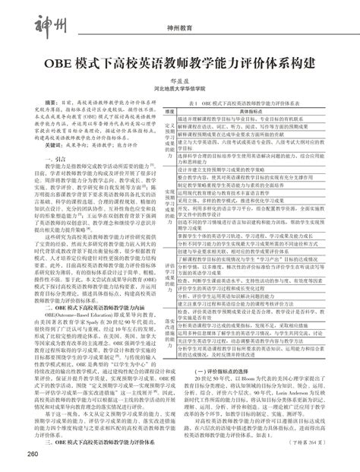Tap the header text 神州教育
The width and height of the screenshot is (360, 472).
(179, 29)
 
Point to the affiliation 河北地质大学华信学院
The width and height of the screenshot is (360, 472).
(179, 88)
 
